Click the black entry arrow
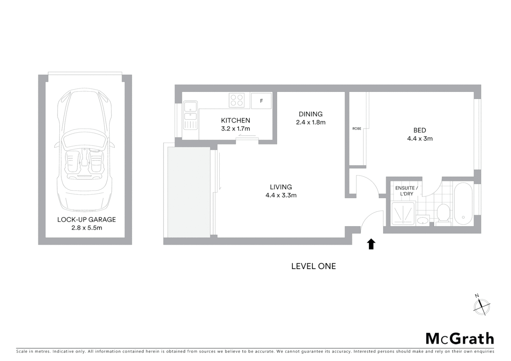371,244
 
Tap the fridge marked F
261,101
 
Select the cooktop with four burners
237,100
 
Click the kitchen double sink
190,115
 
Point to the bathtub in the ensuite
463,204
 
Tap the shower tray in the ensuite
403,213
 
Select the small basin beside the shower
423,221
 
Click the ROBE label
356,129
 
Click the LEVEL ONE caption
313,266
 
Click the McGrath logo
459,339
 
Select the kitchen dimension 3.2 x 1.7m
235,129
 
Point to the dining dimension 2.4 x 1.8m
310,122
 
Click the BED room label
419,130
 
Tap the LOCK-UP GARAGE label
86,220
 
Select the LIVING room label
281,187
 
